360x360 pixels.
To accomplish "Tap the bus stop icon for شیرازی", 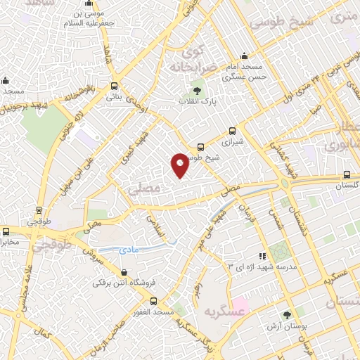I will tap(233, 131).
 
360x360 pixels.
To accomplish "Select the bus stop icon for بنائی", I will tap(114, 86).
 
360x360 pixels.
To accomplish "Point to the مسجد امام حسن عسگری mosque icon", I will tap(244, 56).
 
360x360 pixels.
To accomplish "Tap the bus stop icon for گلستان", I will tap(347, 174).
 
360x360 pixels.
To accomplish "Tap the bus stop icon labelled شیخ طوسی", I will tap(202, 147).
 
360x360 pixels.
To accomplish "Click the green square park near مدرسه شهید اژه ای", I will tap(281, 250).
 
